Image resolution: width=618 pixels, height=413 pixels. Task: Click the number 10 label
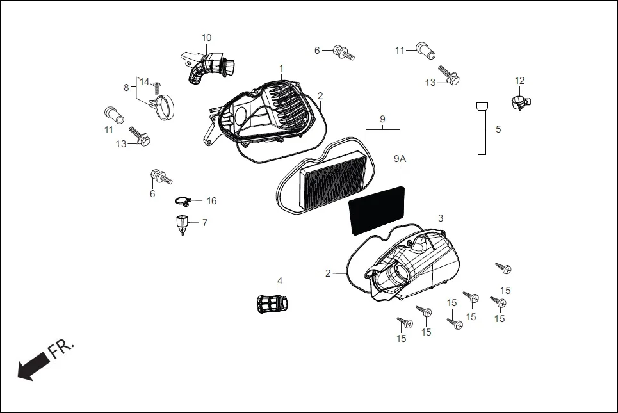click(x=206, y=38)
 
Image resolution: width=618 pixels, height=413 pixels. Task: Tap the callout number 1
click(x=281, y=68)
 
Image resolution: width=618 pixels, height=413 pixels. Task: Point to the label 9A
click(x=400, y=158)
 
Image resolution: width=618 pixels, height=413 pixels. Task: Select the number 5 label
click(x=498, y=129)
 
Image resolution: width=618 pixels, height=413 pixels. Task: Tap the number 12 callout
click(x=519, y=81)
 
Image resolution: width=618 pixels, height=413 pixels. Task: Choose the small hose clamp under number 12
click(x=521, y=101)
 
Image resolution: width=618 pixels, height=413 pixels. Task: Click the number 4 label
click(x=279, y=280)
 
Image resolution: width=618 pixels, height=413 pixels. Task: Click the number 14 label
click(x=144, y=83)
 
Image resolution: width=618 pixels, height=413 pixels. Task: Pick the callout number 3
click(x=441, y=218)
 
